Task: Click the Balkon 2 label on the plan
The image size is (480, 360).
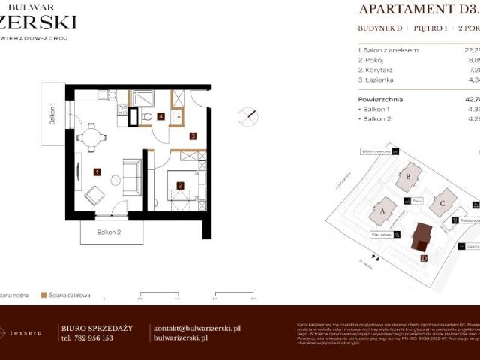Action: [x=109, y=232]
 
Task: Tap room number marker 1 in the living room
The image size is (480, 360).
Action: [x=97, y=172]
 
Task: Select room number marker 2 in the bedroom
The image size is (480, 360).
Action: [x=181, y=185]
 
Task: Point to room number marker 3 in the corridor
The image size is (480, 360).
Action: [x=193, y=136]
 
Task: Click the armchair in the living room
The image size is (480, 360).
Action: [x=95, y=195]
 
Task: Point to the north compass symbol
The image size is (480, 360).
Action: [x=248, y=116]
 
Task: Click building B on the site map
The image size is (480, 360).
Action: [x=409, y=177]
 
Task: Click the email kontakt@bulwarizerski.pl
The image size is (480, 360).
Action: [x=196, y=328]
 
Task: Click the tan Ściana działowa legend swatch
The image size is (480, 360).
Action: [x=44, y=295]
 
